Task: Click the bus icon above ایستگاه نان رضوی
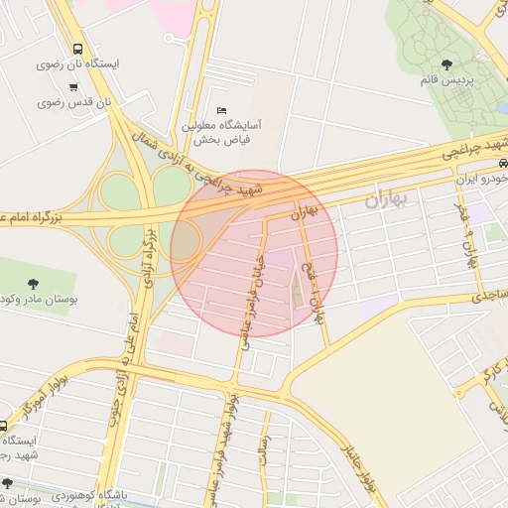[x=77, y=49]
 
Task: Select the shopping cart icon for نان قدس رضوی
[x=73, y=86]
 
